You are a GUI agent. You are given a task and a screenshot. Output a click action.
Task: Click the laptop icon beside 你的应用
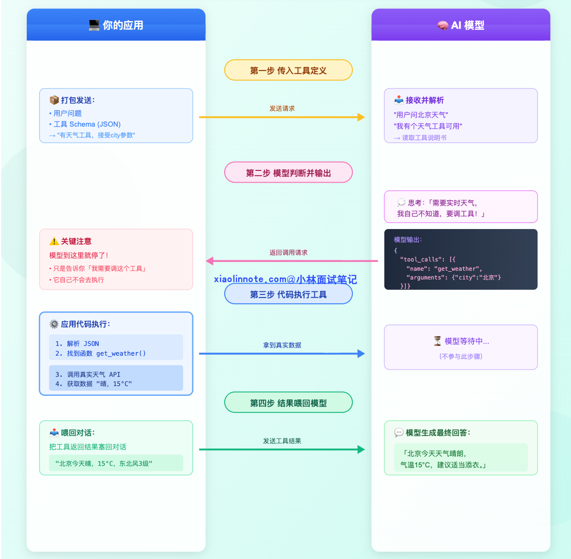[x=94, y=25]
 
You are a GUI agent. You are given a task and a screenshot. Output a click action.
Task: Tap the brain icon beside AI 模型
[x=442, y=25]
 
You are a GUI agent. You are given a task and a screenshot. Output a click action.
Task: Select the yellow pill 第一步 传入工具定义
[x=289, y=70]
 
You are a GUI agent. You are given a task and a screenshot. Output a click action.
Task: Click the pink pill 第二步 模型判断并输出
[x=289, y=172]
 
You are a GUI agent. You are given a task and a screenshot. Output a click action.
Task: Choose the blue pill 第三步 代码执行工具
[x=289, y=294]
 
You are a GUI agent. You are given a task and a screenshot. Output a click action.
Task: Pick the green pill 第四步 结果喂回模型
[x=289, y=403]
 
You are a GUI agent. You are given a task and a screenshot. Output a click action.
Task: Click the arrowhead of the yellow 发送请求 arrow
[x=361, y=117]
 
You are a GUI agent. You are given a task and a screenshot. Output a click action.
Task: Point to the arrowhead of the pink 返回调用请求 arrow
[x=210, y=261]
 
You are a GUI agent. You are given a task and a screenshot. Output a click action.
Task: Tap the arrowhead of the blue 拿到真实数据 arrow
[x=361, y=354]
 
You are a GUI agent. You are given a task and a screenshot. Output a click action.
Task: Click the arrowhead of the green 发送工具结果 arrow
[x=361, y=449]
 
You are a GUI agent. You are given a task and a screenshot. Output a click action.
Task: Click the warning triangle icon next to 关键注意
[x=54, y=241]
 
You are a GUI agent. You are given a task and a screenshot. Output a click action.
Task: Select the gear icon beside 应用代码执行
[x=54, y=324]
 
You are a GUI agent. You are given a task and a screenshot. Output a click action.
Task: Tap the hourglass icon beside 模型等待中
[x=437, y=341]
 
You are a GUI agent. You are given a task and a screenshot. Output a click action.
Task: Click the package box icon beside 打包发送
[x=54, y=100]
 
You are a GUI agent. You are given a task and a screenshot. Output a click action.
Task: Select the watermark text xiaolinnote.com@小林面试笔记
[x=285, y=279]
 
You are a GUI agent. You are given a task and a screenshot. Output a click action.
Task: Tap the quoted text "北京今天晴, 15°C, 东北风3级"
[x=104, y=464]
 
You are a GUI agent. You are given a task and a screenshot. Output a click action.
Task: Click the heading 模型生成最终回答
[x=438, y=432]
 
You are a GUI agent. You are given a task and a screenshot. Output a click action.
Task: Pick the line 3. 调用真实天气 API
[x=88, y=375]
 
